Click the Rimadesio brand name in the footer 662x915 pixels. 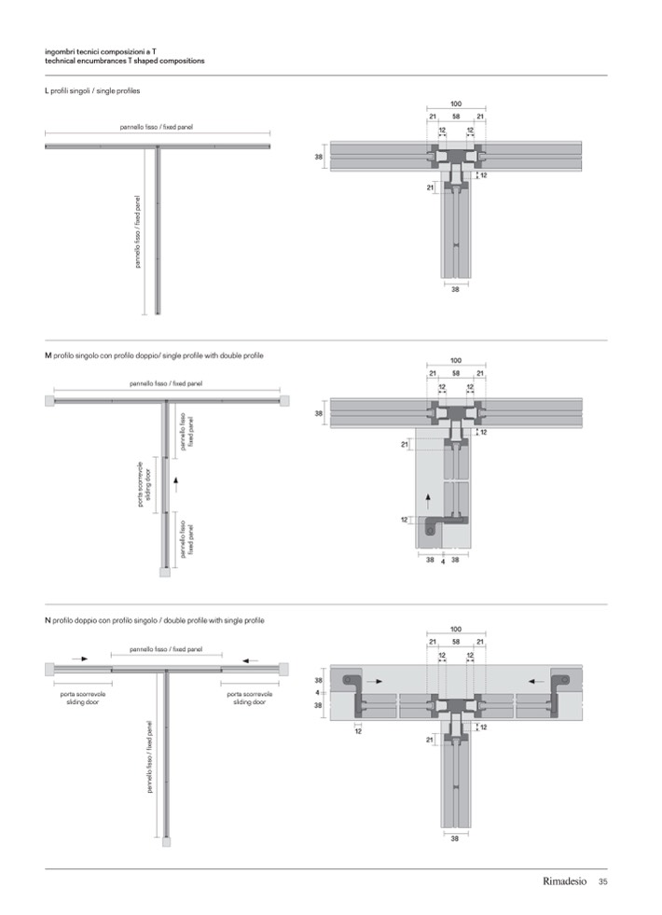[565, 881]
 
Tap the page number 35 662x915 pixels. [603, 881]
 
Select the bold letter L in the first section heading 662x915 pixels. [47, 91]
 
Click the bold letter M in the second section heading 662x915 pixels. [48, 356]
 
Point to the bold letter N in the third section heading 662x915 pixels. [48, 620]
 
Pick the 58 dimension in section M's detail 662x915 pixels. [455, 374]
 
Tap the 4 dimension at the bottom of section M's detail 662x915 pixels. [442, 561]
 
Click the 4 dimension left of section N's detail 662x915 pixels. [318, 693]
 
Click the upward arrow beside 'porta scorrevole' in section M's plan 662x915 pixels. [173, 484]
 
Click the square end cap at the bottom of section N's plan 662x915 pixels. [166, 840]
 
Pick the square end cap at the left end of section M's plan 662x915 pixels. [48, 401]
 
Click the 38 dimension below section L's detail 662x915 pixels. [455, 290]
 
